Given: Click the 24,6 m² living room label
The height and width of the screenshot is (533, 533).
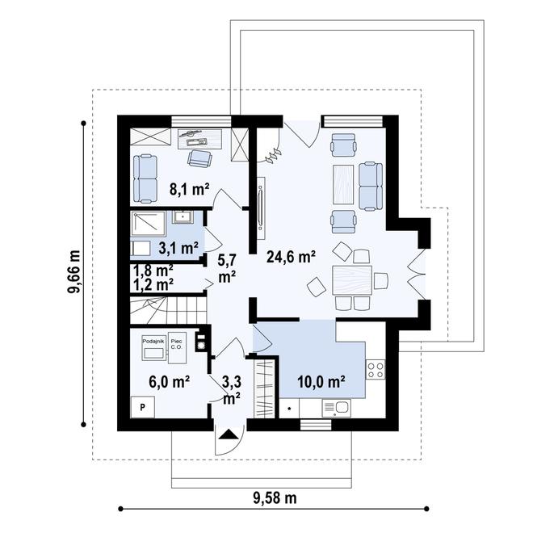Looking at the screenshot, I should [291, 257].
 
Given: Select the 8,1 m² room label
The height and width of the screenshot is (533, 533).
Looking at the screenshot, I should [189, 190].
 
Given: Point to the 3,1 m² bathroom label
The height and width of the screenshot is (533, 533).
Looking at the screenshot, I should [178, 247].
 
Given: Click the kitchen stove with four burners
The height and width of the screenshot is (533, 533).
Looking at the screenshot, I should [376, 370].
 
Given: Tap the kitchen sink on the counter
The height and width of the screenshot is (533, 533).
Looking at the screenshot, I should [340, 408].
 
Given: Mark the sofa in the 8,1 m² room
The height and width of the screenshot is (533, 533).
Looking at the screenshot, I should [146, 178].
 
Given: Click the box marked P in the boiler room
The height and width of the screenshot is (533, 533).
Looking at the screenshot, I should [142, 407].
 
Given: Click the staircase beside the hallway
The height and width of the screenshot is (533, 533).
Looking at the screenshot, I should [166, 310].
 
